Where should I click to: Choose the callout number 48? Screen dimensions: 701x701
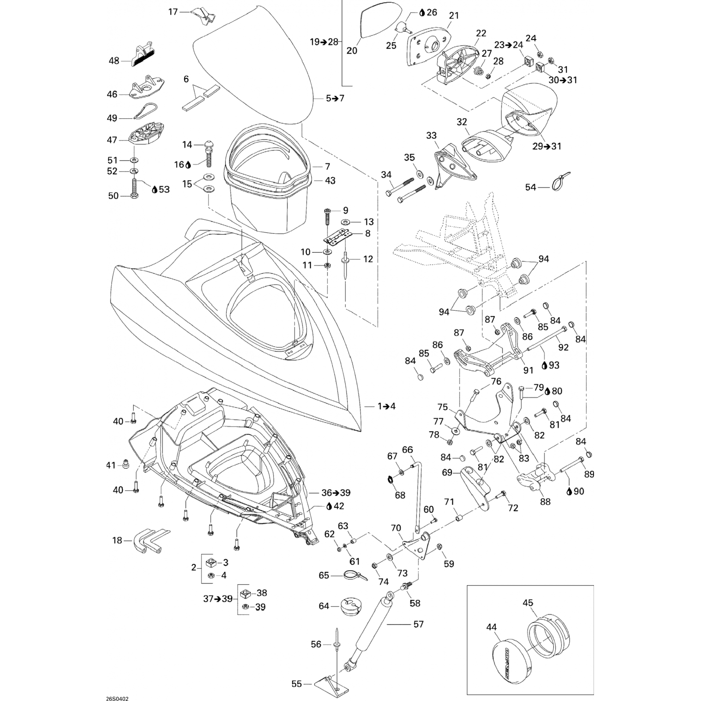coord(114,61)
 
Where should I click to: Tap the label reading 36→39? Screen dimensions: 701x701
coord(336,493)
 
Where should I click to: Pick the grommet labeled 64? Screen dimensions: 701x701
coord(354,607)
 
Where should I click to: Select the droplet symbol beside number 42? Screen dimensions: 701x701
coord(329,506)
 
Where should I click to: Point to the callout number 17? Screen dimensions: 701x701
coord(173,12)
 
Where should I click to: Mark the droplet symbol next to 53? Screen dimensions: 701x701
coord(154,189)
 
